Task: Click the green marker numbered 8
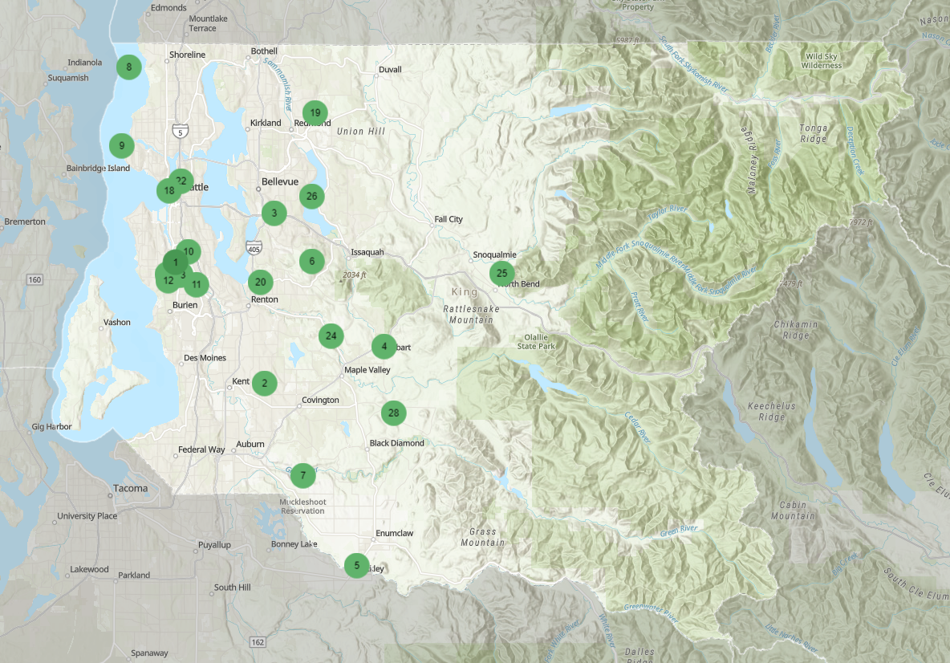point(128,67)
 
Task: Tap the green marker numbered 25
point(501,273)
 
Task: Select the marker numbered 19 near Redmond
point(315,112)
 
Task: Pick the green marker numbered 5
point(357,565)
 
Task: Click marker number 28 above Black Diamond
point(393,413)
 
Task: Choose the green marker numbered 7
point(302,475)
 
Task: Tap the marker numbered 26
point(312,196)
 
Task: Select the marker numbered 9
point(122,145)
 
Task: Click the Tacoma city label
point(130,488)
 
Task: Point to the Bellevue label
point(279,181)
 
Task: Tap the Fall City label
point(449,219)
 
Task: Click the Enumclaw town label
point(394,533)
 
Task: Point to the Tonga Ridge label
point(813,133)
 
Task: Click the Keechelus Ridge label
point(771,411)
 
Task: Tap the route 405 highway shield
point(254,249)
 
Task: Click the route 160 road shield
point(34,280)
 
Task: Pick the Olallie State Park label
point(538,341)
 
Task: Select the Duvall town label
point(390,70)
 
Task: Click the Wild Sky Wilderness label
point(823,60)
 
